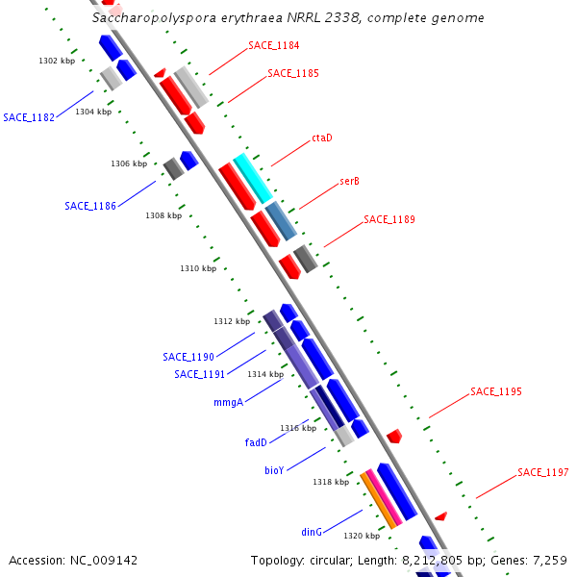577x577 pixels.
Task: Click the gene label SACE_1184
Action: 274,45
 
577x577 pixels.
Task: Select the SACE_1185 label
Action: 293,73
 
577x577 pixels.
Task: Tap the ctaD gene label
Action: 321,138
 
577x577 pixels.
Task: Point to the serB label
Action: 349,181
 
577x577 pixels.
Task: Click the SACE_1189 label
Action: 389,219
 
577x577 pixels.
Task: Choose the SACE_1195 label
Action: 495,391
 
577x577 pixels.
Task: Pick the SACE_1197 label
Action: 542,472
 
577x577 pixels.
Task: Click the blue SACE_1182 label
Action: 29,117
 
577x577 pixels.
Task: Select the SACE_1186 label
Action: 90,206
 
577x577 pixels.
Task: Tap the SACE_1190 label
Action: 188,357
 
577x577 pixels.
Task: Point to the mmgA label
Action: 228,403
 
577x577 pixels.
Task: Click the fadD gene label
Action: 255,442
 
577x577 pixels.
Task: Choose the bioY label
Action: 274,471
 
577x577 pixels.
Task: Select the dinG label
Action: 311,531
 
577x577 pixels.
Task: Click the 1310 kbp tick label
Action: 198,268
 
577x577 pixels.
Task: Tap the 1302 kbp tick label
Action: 57,61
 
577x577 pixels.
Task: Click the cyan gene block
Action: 253,178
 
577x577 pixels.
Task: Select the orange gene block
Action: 378,499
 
